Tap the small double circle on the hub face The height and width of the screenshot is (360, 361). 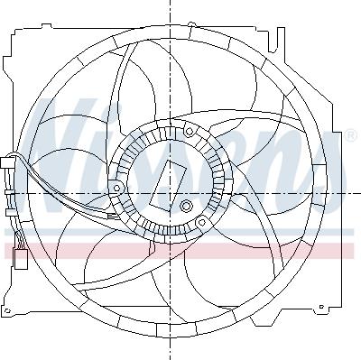(187, 207)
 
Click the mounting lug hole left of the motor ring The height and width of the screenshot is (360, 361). (117, 188)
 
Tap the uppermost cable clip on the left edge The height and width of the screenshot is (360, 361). (7, 164)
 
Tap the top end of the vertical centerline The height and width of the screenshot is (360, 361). (169, 4)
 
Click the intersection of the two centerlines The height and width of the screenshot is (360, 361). (169, 194)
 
